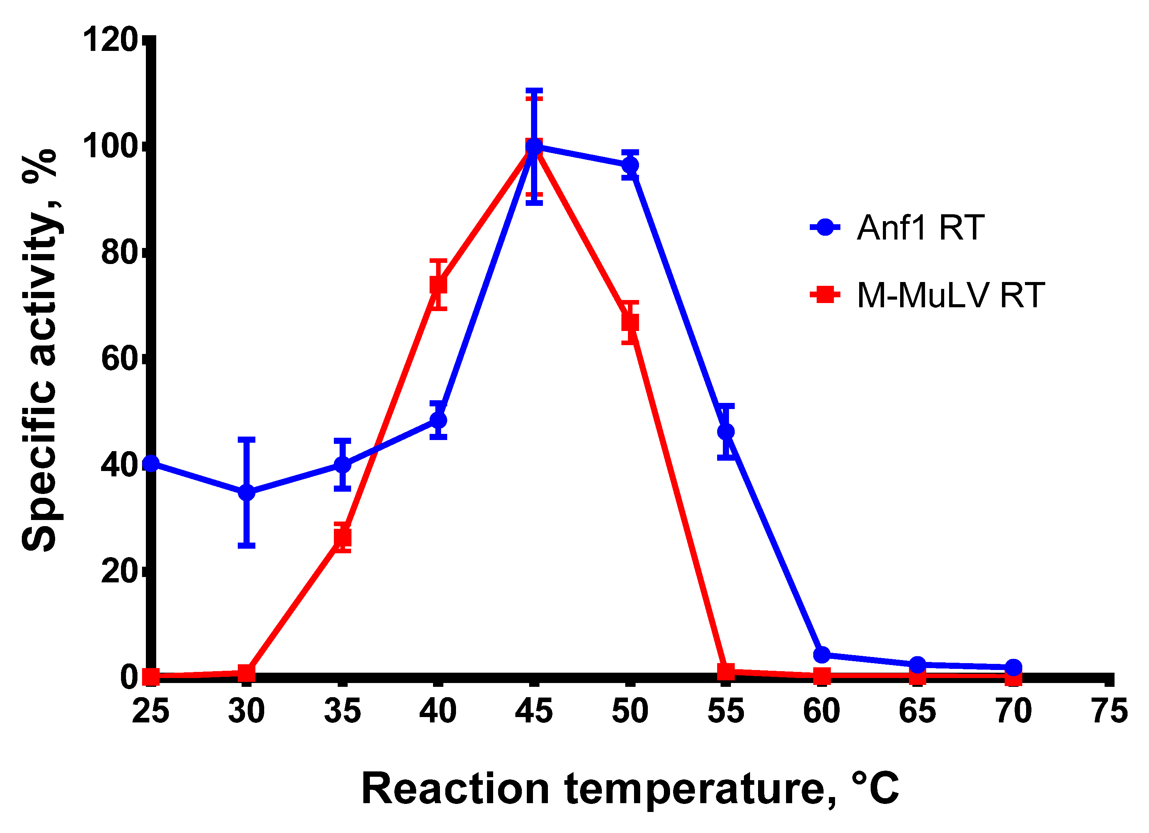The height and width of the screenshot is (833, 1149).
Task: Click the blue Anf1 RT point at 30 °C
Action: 247,492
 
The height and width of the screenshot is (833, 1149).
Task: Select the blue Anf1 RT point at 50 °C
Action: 630,165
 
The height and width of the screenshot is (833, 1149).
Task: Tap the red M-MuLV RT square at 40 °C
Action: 439,285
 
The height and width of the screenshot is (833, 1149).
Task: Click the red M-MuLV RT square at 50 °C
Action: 630,323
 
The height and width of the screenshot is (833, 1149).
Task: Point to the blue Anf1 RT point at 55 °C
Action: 726,432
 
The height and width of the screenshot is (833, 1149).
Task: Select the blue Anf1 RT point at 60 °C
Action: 822,655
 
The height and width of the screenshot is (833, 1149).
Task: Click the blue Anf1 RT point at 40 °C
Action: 439,420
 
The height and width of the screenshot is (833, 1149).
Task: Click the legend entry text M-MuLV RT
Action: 950,295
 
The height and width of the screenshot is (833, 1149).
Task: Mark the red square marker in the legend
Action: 825,294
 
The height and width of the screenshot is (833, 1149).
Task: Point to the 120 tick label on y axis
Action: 110,40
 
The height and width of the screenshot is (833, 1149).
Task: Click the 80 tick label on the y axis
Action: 119,253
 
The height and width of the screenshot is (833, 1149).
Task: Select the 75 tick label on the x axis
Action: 1110,711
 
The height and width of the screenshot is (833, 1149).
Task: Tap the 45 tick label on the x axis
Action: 534,711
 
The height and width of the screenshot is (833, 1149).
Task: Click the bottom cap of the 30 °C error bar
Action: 247,545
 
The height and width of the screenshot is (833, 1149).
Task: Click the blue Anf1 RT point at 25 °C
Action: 151,463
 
